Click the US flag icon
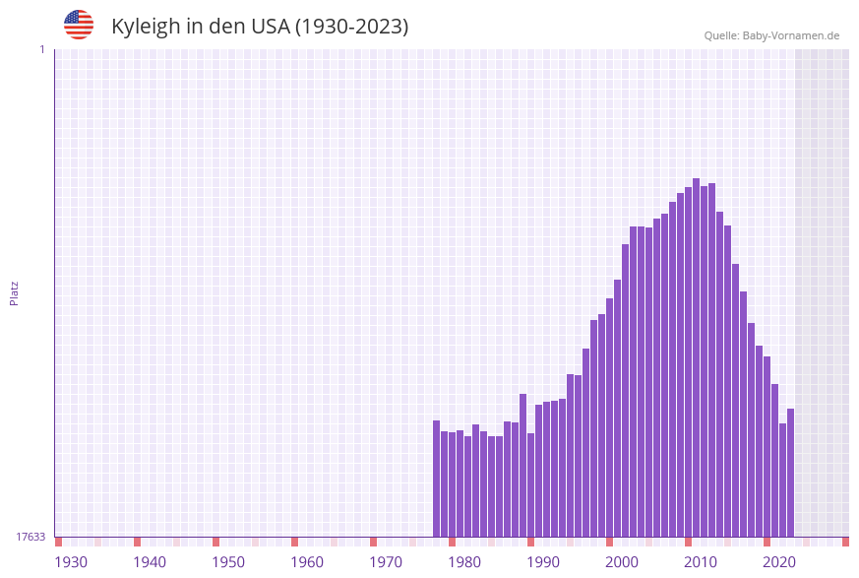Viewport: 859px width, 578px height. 79,25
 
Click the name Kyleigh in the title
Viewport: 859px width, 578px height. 146,27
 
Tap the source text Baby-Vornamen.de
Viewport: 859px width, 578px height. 771,35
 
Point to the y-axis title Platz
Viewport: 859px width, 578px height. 14,292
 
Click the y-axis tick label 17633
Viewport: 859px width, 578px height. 31,537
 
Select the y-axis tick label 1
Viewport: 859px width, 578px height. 41,49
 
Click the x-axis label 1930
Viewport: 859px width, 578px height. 71,562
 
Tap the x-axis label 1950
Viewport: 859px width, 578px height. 228,562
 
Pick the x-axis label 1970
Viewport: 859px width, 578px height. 386,562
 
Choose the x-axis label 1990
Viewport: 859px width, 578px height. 543,562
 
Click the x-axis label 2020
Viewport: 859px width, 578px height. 779,562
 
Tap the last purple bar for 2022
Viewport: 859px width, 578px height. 790,473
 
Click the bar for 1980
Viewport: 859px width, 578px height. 467,482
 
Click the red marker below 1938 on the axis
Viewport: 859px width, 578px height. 137,542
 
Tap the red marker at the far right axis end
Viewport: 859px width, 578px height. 845,542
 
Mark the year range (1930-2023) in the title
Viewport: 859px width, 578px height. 351,27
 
